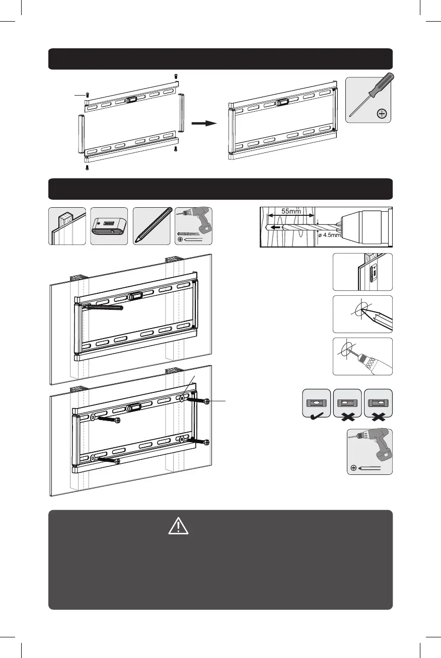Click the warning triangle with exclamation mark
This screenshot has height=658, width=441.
click(x=178, y=526)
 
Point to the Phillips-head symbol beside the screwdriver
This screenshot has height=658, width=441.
click(x=382, y=114)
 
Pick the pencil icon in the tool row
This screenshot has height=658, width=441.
click(x=151, y=226)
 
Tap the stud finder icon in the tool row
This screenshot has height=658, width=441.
click(x=109, y=226)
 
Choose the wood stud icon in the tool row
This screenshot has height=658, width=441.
click(x=67, y=226)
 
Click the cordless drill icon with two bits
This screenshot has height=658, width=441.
click(x=193, y=226)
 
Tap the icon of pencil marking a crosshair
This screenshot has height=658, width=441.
click(x=362, y=314)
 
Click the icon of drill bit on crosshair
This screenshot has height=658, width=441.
click(x=362, y=356)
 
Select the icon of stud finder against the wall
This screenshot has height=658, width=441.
click(x=362, y=272)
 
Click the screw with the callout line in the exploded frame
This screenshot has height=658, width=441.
click(x=88, y=95)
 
